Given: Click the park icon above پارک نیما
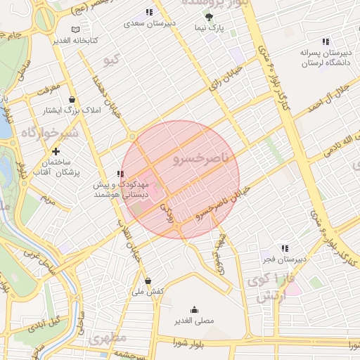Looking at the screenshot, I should pyautogui.click(x=209, y=15).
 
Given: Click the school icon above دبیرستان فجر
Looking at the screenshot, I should pyautogui.click(x=285, y=248).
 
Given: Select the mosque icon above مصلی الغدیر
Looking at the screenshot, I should pyautogui.click(x=194, y=309).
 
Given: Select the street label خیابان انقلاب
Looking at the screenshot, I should pyautogui.click(x=134, y=250).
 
